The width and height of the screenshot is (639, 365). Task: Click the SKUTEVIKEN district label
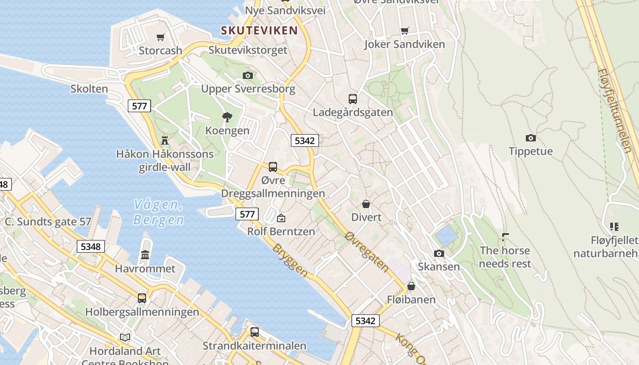(259, 31)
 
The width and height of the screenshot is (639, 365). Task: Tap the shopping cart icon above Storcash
(160, 37)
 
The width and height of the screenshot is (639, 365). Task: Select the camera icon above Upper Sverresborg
(248, 75)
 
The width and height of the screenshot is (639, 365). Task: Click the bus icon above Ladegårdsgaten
(352, 99)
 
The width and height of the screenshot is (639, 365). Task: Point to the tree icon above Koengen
(227, 117)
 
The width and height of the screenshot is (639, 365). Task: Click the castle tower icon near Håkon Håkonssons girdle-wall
(165, 140)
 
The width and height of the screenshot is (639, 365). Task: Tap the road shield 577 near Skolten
(139, 106)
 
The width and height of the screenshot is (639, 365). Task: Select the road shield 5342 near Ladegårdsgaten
(304, 141)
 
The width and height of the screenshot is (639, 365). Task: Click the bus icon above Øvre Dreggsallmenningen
(273, 167)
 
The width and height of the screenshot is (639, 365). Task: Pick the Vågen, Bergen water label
(159, 213)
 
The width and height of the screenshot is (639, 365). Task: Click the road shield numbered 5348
(90, 247)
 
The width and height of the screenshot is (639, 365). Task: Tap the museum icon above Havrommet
(145, 255)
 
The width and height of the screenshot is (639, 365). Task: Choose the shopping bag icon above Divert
(366, 203)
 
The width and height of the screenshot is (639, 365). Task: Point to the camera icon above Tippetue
(530, 138)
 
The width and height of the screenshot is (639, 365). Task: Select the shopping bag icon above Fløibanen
(411, 286)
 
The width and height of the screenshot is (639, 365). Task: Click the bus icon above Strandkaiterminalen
(254, 332)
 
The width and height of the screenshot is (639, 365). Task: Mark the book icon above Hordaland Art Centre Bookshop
(125, 337)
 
